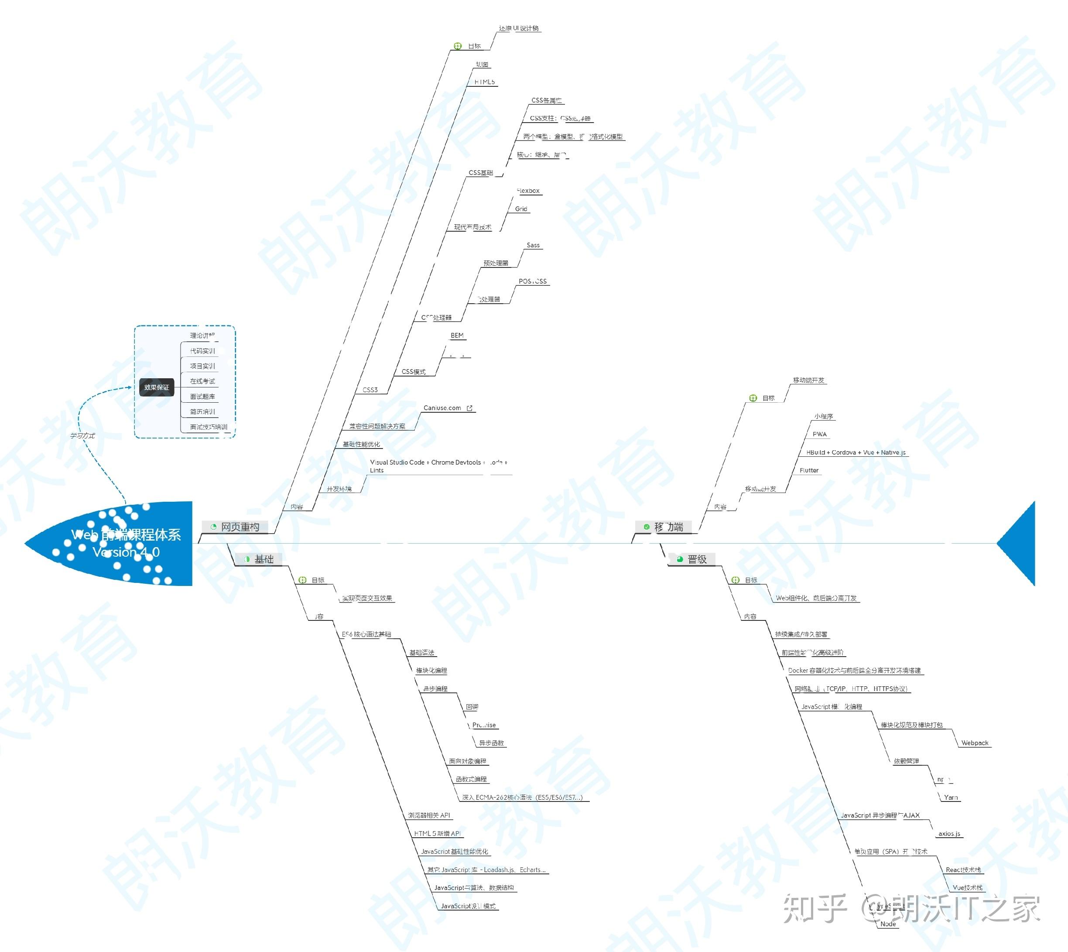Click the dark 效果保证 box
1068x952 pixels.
(156, 387)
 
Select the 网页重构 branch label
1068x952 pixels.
(240, 527)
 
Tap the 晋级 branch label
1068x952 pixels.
(697, 559)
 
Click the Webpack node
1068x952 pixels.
(974, 743)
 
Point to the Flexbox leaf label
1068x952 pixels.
(528, 191)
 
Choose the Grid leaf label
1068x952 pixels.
(521, 209)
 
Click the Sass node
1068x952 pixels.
(533, 245)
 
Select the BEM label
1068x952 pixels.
(457, 335)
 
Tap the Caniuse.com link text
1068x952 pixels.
(442, 408)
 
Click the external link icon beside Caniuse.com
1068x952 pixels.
(470, 408)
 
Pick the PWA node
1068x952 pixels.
(820, 434)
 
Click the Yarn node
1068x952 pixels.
(951, 797)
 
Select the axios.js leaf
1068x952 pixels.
(949, 834)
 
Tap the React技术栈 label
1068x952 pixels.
(963, 870)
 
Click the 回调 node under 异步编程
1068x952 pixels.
(472, 707)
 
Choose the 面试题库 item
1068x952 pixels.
(202, 397)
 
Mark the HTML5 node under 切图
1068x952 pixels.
(484, 82)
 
